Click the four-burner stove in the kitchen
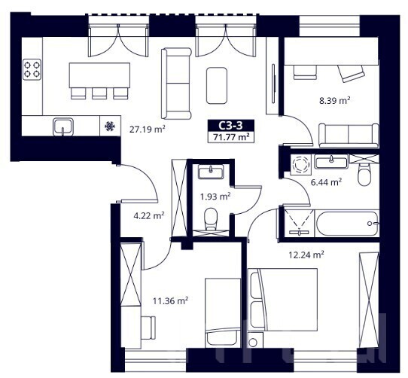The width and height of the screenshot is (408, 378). pos(32,69)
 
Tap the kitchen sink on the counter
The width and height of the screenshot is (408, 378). pos(63,127)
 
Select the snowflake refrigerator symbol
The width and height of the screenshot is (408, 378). pos(110,127)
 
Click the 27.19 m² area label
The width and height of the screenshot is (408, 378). pos(148,129)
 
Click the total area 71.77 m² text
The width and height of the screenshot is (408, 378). pos(231,137)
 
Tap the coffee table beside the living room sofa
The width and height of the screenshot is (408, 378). pos(217,86)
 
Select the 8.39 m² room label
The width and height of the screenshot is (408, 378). pos(334,100)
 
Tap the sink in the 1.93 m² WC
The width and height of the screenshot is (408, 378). pos(211,172)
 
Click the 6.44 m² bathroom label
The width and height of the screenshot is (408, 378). pos(326,182)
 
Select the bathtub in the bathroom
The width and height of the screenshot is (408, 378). pos(347,224)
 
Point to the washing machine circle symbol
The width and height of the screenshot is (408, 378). pos(300,165)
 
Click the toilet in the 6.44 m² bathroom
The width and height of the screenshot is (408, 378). pos(364,175)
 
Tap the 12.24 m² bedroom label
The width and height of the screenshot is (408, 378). pos(306,255)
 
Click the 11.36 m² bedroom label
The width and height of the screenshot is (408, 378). pos(170,301)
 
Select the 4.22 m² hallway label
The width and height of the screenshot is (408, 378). pos(149,215)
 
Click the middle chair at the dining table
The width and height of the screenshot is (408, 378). pos(99,93)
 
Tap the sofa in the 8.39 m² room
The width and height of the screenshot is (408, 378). pos(349,136)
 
